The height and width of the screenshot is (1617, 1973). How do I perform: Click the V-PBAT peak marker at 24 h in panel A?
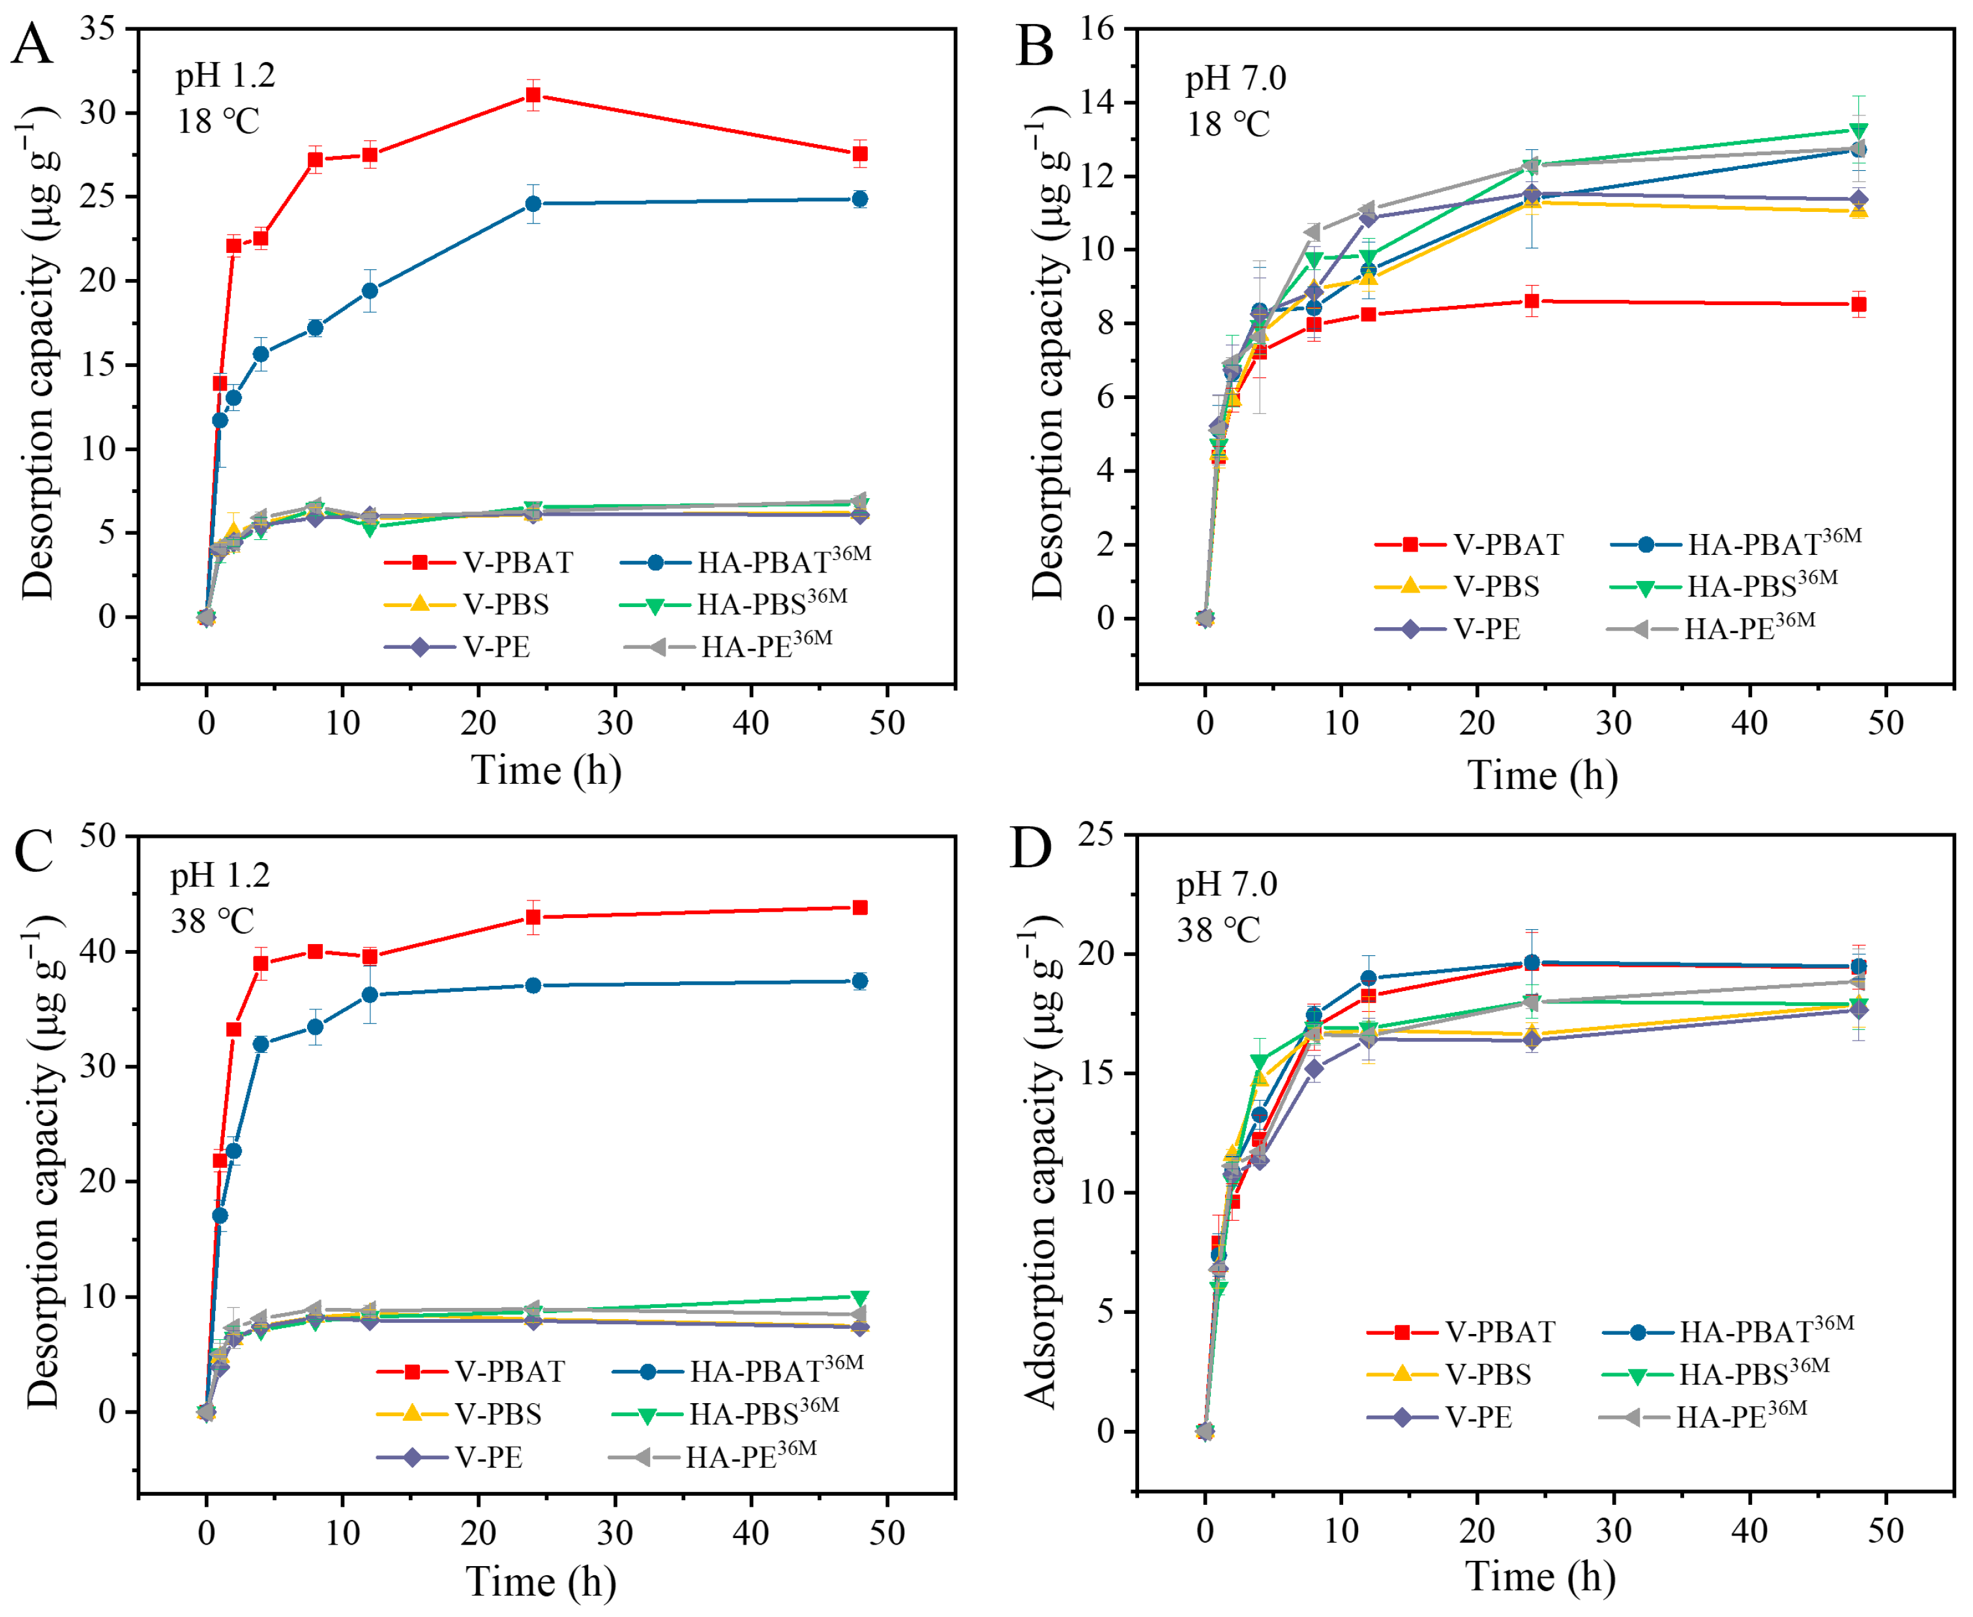(533, 95)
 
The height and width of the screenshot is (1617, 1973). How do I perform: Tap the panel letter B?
(1034, 45)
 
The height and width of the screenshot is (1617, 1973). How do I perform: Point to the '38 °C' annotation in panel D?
(1219, 930)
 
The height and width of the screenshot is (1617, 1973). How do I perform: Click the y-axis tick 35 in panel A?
(98, 28)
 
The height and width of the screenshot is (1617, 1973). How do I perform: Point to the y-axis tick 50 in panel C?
(98, 835)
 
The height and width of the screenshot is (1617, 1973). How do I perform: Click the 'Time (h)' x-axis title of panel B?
(1542, 775)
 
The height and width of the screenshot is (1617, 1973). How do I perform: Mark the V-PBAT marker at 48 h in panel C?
(860, 907)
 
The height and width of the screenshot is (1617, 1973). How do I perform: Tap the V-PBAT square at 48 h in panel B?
(1858, 304)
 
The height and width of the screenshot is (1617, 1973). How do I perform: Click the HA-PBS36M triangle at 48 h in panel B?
(1858, 130)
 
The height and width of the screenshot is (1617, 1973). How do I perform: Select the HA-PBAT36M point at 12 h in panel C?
(370, 995)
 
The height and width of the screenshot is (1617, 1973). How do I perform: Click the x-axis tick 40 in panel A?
(751, 723)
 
